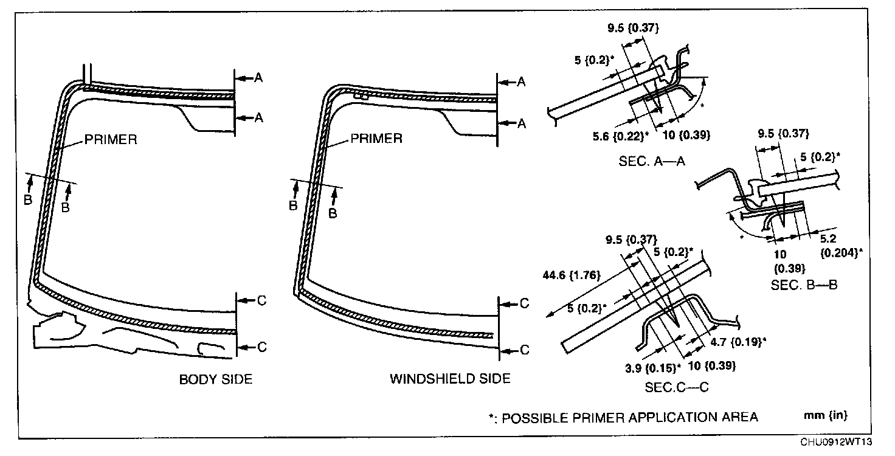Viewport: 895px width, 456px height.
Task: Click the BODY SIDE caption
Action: tap(215, 379)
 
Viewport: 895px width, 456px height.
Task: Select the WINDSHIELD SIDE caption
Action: tap(450, 379)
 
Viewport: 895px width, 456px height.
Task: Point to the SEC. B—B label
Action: tap(804, 284)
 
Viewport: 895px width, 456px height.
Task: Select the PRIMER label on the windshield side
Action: tap(376, 138)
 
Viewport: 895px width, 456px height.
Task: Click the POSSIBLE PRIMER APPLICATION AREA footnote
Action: tap(623, 417)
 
